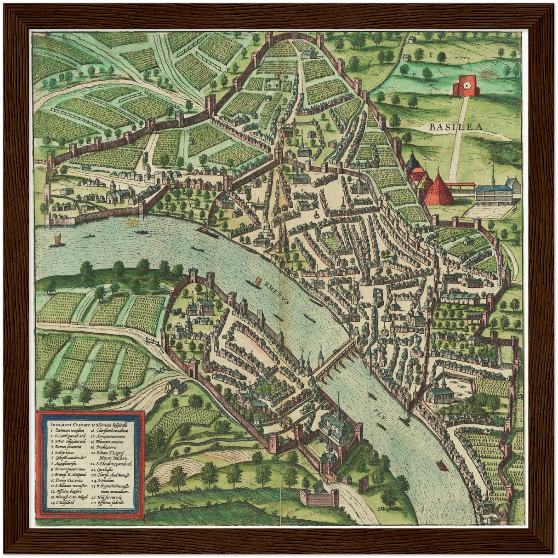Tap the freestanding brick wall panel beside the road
(363, 485)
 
